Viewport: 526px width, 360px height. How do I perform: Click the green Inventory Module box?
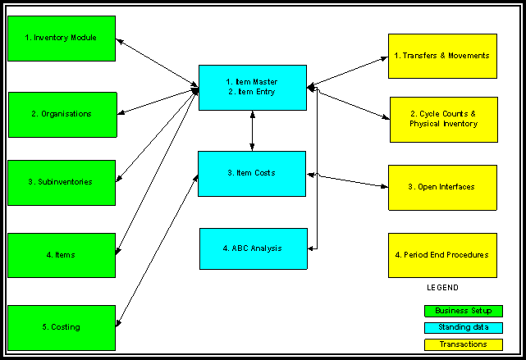pyautogui.click(x=61, y=38)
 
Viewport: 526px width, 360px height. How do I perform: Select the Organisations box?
pyautogui.click(x=62, y=114)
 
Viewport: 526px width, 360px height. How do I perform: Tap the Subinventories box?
pyautogui.click(x=62, y=182)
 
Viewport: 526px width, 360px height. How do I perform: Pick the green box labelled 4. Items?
pyautogui.click(x=62, y=255)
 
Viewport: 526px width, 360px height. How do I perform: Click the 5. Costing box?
pyautogui.click(x=62, y=327)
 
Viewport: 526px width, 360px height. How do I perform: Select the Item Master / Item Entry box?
pyautogui.click(x=252, y=87)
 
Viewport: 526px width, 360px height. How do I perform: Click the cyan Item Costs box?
pyautogui.click(x=252, y=173)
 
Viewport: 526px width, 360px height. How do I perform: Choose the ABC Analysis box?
pyautogui.click(x=253, y=248)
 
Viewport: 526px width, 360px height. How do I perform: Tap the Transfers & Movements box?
pyautogui.click(x=441, y=56)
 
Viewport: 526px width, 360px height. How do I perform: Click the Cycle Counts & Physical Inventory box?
pyautogui.click(x=443, y=119)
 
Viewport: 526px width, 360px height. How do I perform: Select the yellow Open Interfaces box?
pyautogui.click(x=441, y=187)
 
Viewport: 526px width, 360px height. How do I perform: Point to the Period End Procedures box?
pyautogui.click(x=441, y=255)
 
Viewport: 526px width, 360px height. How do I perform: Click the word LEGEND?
pyautogui.click(x=442, y=288)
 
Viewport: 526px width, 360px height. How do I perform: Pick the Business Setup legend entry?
pyautogui.click(x=463, y=311)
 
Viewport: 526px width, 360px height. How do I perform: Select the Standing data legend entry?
pyautogui.click(x=463, y=327)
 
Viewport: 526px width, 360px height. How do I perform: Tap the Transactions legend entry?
pyautogui.click(x=463, y=344)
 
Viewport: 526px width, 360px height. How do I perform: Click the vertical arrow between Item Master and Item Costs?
pyautogui.click(x=252, y=130)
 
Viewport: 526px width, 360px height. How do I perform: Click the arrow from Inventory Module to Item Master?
pyautogui.click(x=158, y=61)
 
